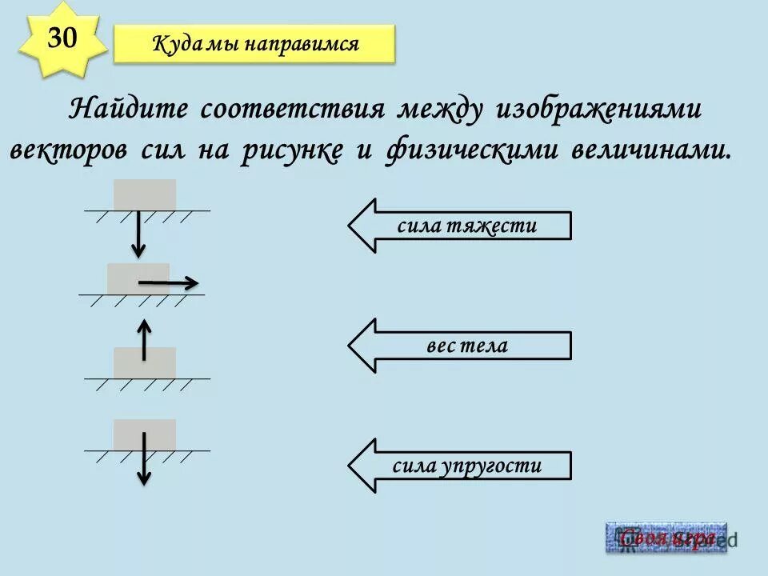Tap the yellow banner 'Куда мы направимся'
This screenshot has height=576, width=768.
(254, 44)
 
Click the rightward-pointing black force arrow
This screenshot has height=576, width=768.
(168, 282)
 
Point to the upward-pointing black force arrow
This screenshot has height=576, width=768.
(144, 339)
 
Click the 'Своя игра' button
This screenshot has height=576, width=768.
(666, 538)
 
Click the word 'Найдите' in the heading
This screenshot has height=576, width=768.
(129, 110)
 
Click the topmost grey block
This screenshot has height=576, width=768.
(145, 194)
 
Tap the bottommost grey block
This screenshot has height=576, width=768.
(145, 434)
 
